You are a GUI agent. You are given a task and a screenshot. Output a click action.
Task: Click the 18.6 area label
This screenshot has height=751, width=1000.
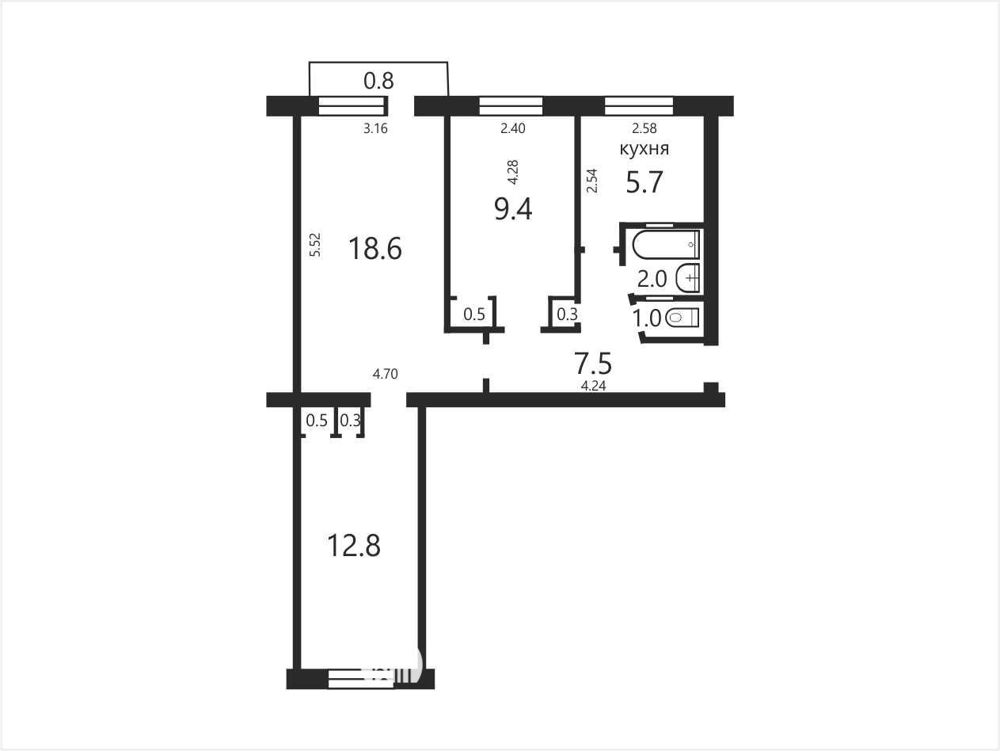click(375, 250)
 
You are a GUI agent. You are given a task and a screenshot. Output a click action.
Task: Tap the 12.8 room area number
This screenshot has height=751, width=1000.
click(354, 546)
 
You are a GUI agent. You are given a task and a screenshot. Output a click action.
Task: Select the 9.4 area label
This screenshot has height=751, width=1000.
click(513, 210)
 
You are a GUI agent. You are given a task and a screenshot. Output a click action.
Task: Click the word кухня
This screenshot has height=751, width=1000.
click(644, 149)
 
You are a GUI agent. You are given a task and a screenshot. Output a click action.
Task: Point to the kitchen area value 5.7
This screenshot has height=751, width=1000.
click(644, 182)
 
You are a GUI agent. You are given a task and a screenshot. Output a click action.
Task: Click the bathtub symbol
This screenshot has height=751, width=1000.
click(666, 244)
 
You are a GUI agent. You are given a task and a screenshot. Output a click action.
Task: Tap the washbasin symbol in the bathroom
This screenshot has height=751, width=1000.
click(688, 277)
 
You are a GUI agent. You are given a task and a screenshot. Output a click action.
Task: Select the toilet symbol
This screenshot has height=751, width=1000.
click(682, 318)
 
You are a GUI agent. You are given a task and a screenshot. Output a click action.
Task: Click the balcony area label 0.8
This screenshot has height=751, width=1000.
click(378, 81)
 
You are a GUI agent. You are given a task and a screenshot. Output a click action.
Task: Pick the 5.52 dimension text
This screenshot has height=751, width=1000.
click(315, 245)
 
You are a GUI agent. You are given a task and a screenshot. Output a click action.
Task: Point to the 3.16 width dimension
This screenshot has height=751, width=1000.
click(375, 129)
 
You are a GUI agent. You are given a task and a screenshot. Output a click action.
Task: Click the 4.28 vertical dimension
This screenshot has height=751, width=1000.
click(513, 172)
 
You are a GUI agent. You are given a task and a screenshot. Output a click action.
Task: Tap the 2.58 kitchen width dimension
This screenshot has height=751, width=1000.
click(644, 128)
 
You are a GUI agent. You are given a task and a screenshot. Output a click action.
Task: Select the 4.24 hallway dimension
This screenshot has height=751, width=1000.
click(593, 386)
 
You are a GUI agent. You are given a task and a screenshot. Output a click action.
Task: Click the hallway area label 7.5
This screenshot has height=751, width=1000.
click(593, 363)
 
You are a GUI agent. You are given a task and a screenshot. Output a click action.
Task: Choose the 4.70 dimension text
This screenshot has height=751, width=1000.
click(385, 374)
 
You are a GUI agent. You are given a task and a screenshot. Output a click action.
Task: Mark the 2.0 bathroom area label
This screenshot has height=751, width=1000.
click(652, 279)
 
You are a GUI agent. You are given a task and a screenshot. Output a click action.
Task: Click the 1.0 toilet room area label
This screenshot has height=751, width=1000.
click(647, 318)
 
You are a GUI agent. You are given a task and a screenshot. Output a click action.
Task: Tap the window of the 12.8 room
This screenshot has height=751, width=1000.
click(361, 679)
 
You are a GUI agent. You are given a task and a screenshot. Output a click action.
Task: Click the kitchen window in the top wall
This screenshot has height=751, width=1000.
click(639, 105)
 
